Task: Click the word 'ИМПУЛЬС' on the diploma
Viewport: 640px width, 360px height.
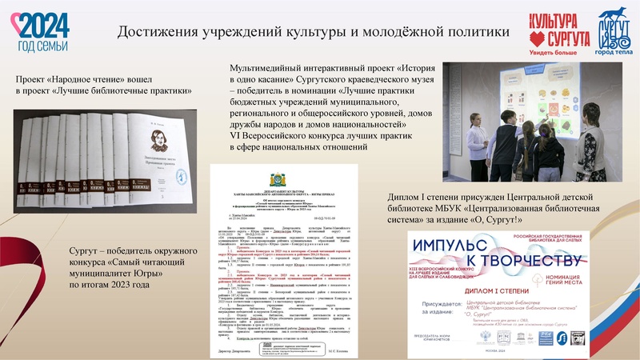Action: (x=456, y=245)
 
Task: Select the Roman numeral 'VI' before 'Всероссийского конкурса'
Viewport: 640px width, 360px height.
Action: (x=234, y=137)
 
